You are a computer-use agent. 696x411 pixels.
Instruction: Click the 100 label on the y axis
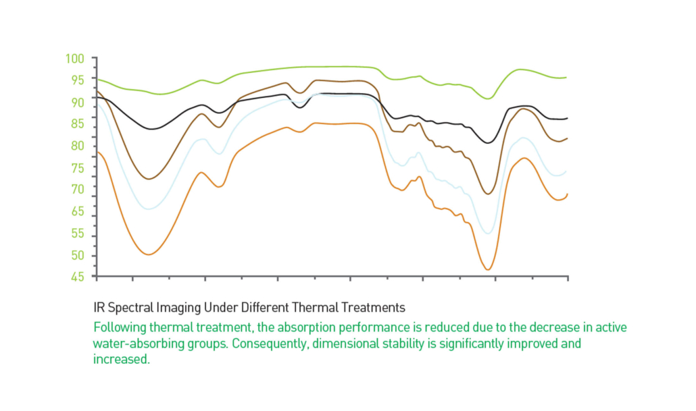click(x=74, y=58)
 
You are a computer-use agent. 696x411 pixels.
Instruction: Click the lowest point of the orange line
click(x=488, y=269)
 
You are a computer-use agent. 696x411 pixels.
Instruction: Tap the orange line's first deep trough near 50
click(x=149, y=254)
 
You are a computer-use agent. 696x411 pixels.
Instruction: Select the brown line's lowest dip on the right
click(x=488, y=194)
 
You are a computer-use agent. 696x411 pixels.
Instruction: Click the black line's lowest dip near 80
click(x=488, y=142)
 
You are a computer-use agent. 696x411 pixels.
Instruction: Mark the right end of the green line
click(x=566, y=78)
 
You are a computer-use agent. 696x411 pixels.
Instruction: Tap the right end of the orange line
click(x=567, y=194)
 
